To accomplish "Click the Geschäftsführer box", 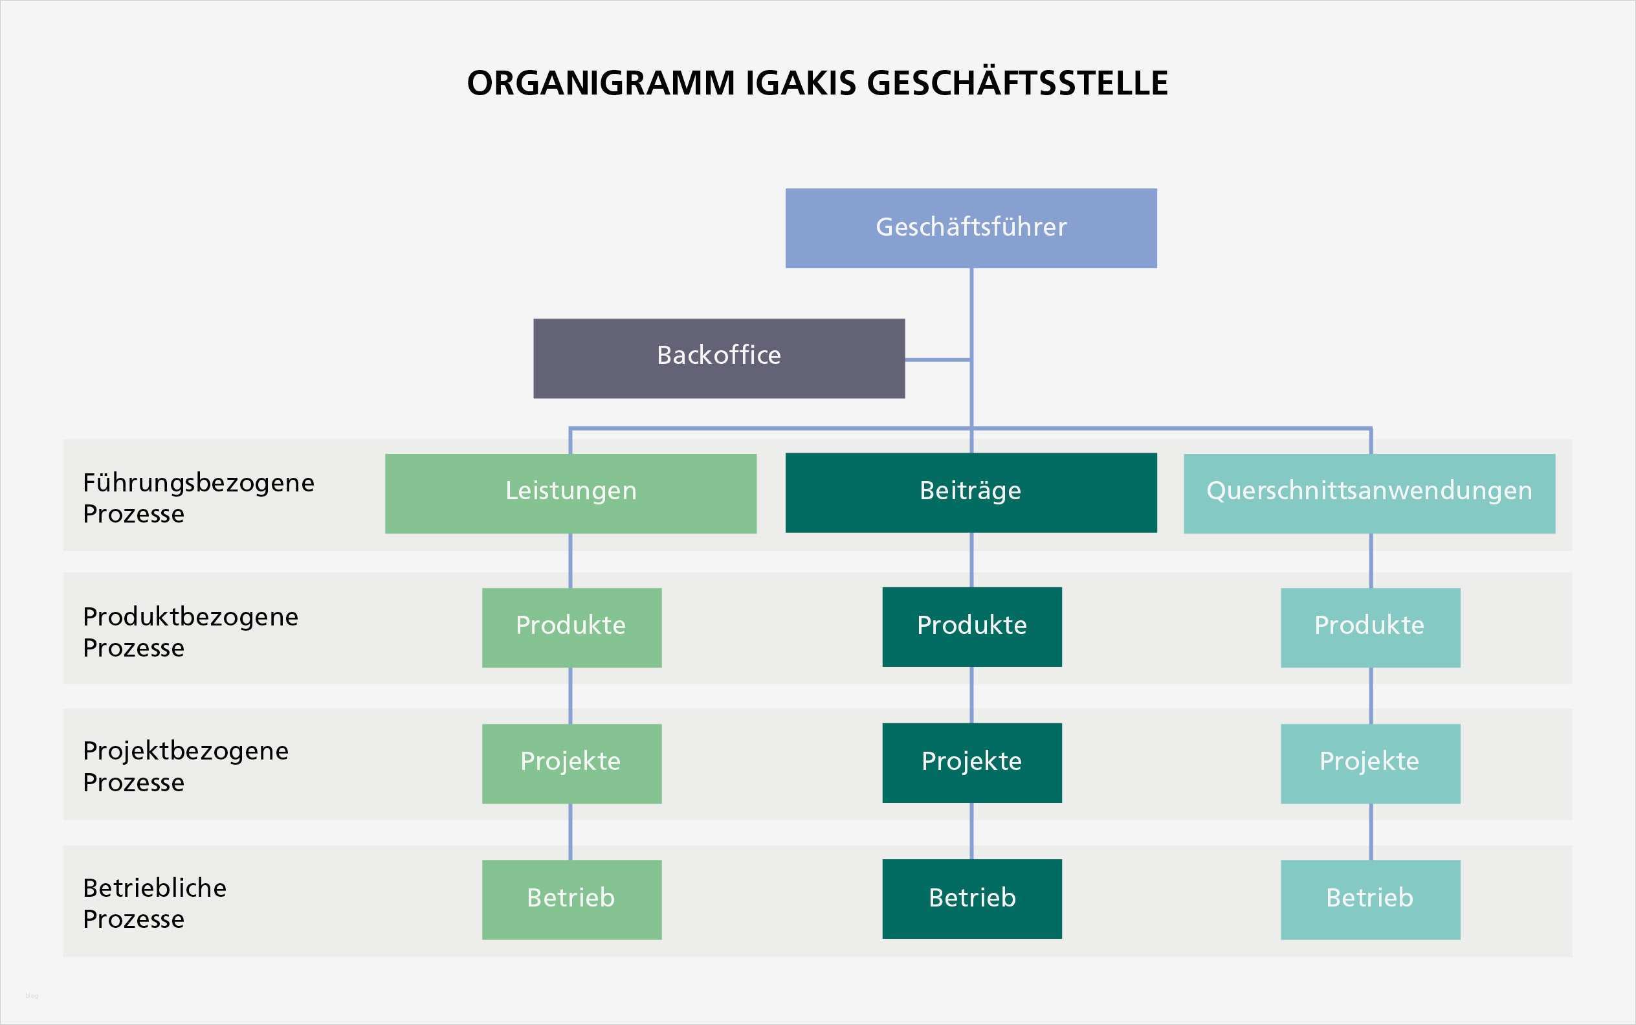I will click(x=971, y=228).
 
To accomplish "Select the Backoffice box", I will click(x=719, y=358).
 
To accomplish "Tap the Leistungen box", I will click(x=570, y=493).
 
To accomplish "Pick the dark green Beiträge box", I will click(x=971, y=492).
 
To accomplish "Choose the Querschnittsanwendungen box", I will click(x=1369, y=493).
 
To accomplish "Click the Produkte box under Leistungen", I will click(x=571, y=627).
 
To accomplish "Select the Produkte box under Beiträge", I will click(x=971, y=626).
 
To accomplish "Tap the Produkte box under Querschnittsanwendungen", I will click(x=1370, y=627).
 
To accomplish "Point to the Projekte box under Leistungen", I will click(x=571, y=763).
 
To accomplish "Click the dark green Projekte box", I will click(x=971, y=763).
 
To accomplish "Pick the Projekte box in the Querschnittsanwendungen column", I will click(x=1370, y=763).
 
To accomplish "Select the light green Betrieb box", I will click(x=571, y=899).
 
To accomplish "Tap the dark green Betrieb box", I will click(x=971, y=899).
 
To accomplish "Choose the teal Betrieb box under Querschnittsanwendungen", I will click(x=1370, y=899).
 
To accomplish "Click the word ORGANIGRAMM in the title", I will click(x=601, y=84).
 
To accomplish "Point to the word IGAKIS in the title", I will click(x=801, y=84).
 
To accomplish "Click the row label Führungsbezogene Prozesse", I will click(x=198, y=499).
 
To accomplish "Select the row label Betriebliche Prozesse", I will click(x=155, y=903).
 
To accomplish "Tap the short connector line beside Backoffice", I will click(x=938, y=359).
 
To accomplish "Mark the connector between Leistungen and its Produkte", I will click(x=570, y=561).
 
